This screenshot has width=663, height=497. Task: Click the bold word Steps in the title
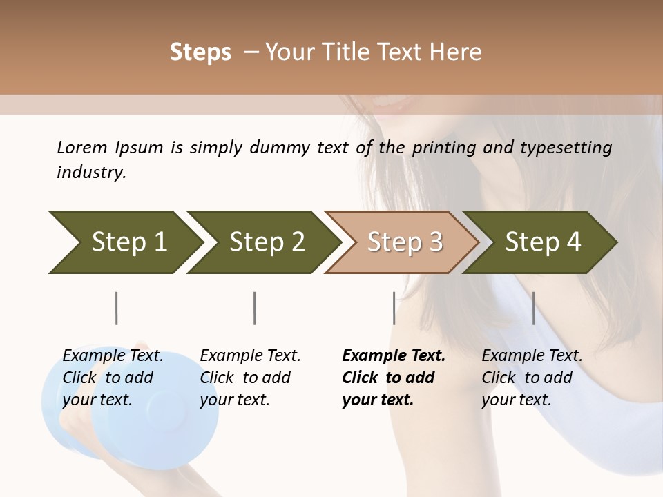(x=200, y=52)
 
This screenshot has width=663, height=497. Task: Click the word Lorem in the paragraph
(x=81, y=148)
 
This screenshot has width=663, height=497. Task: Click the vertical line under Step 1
(x=116, y=308)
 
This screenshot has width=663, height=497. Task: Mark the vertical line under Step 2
(x=255, y=308)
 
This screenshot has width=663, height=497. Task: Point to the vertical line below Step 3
(x=394, y=308)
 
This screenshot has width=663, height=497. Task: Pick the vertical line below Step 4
(x=533, y=308)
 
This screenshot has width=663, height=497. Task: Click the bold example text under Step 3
(x=393, y=378)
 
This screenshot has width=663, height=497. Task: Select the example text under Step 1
(x=113, y=378)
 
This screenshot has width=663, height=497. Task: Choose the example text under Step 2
(x=250, y=378)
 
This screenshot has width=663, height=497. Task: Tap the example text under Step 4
(x=532, y=378)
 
